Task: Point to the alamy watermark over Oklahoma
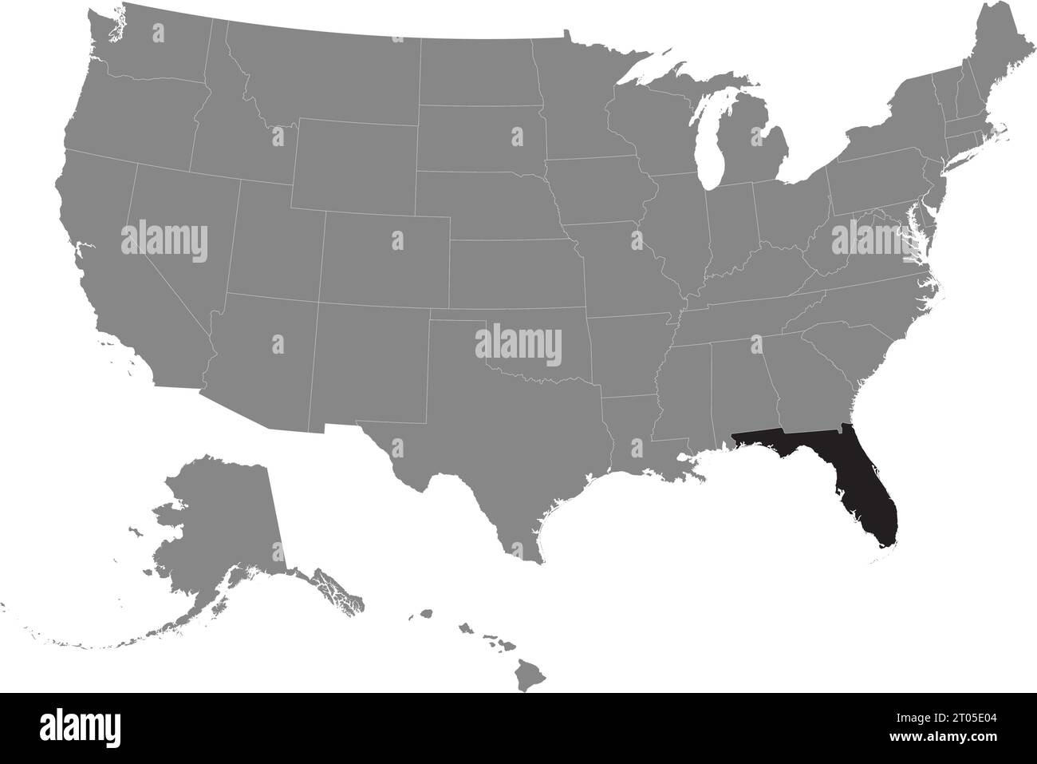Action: [x=518, y=344]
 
